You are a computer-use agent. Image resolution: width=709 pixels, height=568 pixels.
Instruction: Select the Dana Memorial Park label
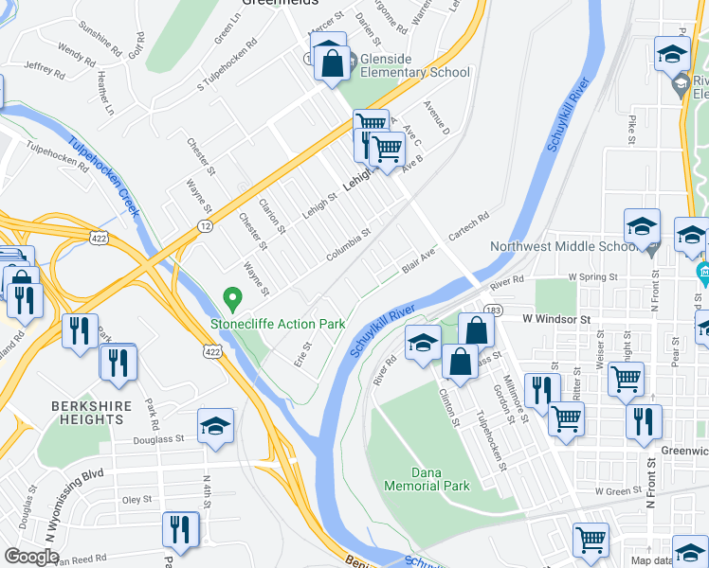click(427, 478)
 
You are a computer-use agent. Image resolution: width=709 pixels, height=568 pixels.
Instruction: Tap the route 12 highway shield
click(205, 226)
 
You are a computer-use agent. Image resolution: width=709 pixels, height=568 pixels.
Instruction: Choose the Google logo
click(32, 556)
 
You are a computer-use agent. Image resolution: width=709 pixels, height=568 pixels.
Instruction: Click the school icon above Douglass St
click(216, 427)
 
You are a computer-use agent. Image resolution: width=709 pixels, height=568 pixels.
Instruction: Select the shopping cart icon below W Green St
click(591, 541)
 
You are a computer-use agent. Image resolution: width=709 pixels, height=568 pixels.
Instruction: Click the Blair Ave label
click(418, 261)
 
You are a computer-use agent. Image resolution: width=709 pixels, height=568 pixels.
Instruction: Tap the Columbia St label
click(349, 248)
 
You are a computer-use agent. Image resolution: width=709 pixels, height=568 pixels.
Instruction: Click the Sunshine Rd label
click(100, 37)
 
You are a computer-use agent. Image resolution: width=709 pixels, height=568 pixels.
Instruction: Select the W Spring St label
click(592, 276)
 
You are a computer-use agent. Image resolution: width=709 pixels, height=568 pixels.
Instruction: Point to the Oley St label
click(137, 500)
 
